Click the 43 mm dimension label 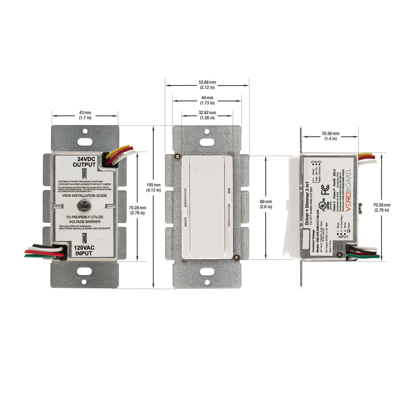pos(85,115)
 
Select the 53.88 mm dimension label pos(207,85)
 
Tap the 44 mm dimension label pos(207,100)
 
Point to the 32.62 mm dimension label pos(207,115)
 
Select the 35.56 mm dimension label pos(330,136)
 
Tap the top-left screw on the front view pos(177,156)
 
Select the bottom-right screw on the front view pos(237,257)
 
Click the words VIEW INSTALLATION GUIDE pos(84,196)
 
